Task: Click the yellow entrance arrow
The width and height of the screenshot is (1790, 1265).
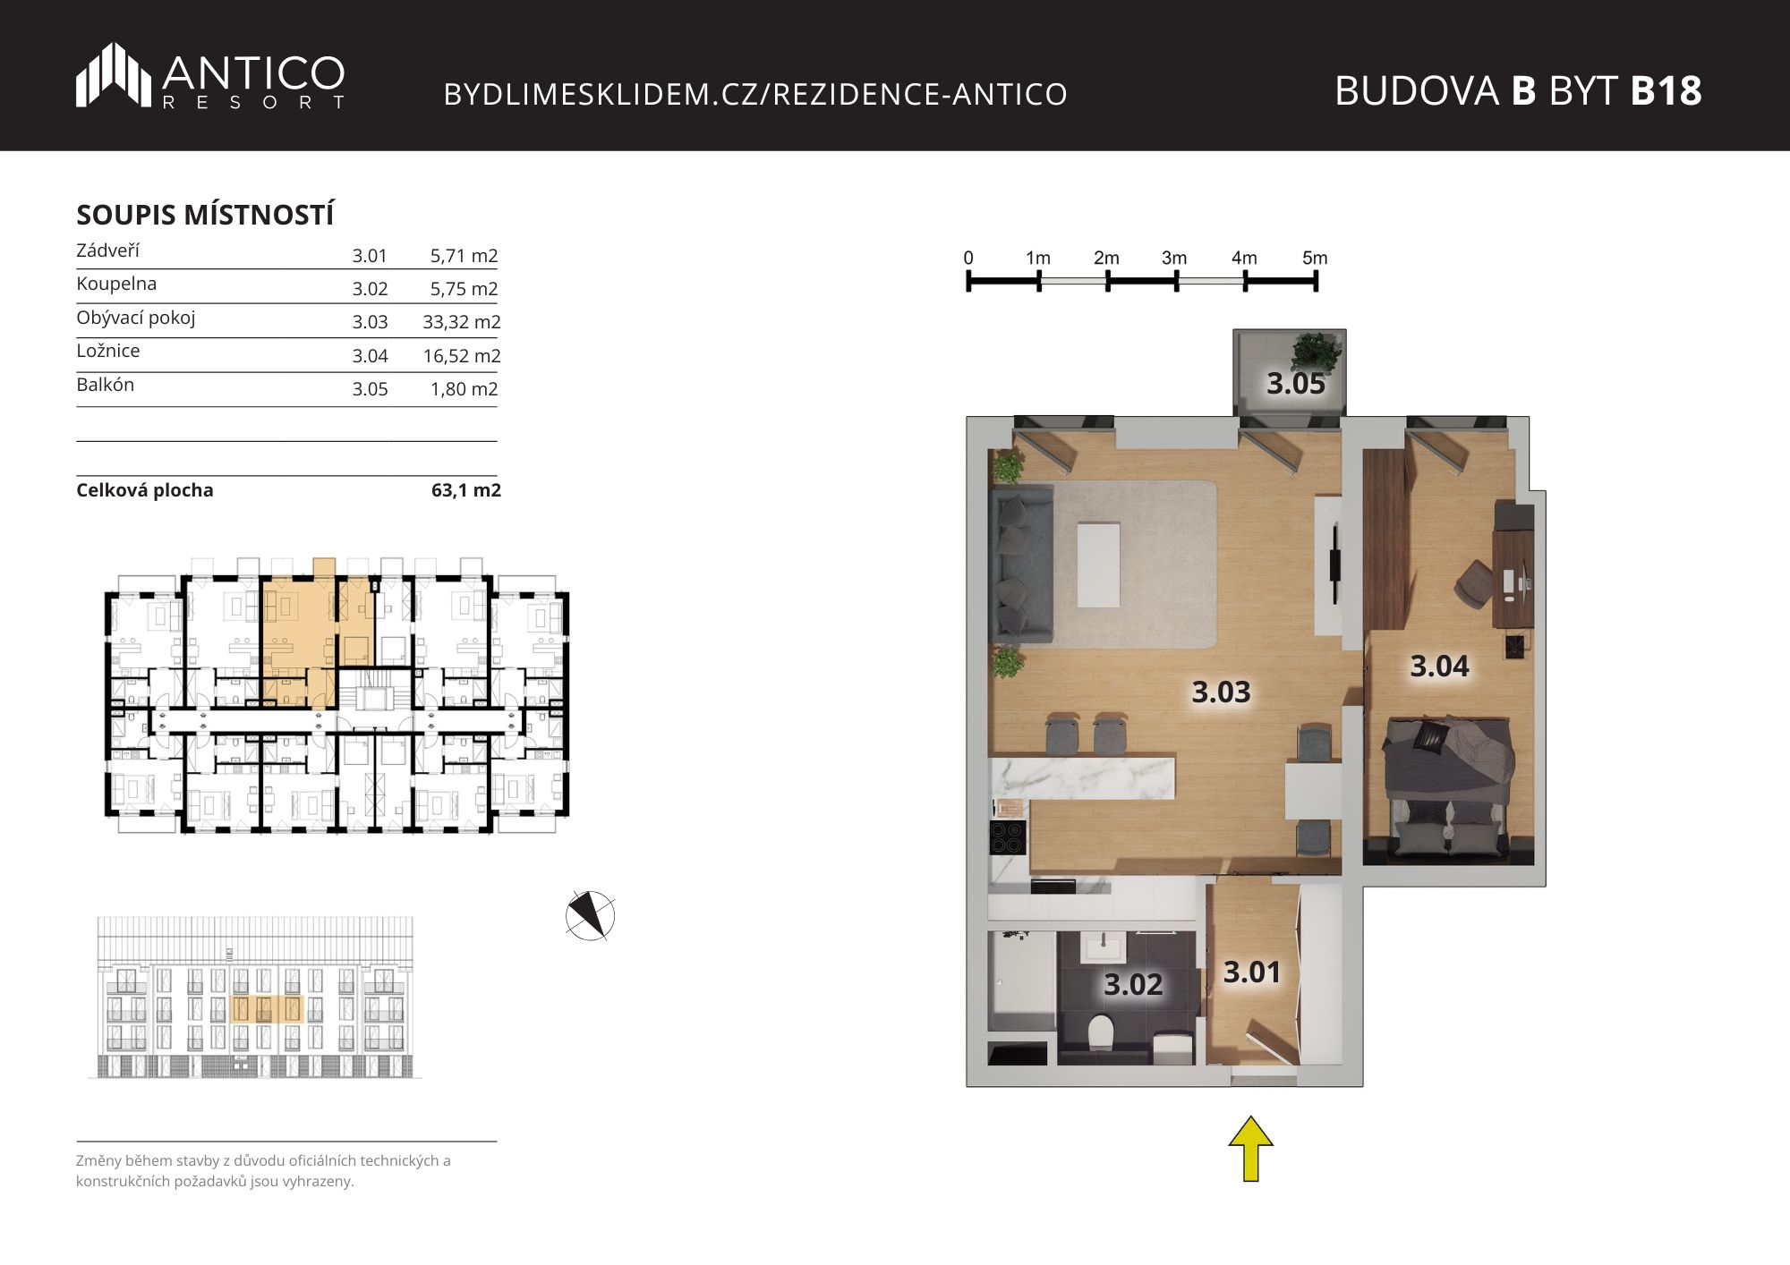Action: pos(1250,1148)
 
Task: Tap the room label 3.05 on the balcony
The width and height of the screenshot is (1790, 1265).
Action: pos(1295,384)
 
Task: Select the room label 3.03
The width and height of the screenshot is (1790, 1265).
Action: pos(1221,692)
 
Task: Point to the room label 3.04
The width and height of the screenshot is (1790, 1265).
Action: pos(1439,666)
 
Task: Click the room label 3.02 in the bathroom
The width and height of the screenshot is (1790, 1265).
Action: pos(1133,984)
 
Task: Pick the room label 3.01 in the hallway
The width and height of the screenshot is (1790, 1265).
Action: pos(1252,972)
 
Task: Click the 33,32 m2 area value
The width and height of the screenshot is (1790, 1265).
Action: pos(462,322)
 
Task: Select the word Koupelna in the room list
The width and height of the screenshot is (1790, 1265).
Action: pos(116,284)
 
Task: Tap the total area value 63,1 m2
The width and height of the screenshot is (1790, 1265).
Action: pos(466,490)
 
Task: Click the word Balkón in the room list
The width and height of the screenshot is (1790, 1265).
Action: pos(106,385)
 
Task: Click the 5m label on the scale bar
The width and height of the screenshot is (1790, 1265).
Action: pos(1315,258)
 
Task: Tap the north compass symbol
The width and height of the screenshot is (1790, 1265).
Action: pos(590,916)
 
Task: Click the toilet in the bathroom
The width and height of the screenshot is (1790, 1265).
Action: pos(1100,1033)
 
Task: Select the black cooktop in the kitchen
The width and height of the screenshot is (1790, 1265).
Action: pos(1008,838)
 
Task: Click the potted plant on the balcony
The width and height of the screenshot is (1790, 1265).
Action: pos(1317,352)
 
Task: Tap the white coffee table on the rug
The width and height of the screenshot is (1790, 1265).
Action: pos(1099,565)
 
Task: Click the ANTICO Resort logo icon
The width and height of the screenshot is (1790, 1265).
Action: pos(114,75)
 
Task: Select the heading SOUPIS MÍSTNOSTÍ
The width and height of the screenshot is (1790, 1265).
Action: pos(205,215)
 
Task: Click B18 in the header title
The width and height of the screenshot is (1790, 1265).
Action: pos(1666,90)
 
